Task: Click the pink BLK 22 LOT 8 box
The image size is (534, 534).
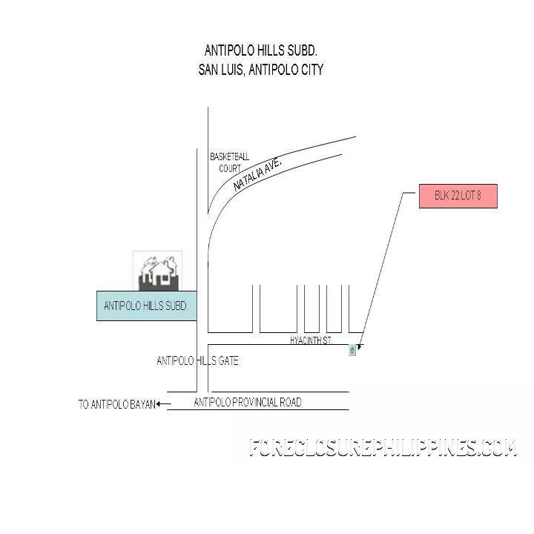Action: (458, 196)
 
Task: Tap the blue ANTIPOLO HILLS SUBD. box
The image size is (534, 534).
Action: (147, 306)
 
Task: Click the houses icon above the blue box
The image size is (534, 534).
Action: (158, 271)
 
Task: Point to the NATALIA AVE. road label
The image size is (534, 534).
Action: (258, 174)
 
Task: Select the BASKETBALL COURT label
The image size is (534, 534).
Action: (230, 162)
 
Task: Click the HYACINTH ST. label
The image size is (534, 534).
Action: (311, 340)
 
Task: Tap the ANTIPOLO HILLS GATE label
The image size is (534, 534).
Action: (197, 360)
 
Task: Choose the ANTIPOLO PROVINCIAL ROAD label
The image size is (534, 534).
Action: (248, 402)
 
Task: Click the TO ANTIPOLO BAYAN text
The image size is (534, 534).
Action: (117, 404)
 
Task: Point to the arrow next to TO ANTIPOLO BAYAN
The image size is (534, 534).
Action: (163, 404)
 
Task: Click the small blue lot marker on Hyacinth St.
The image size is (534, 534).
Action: (352, 350)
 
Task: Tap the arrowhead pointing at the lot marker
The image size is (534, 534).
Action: (360, 347)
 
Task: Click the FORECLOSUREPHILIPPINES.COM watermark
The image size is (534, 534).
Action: (383, 447)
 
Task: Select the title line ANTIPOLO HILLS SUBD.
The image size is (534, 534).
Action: (261, 50)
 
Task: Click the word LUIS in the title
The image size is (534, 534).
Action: (231, 70)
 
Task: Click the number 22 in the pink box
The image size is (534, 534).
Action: (455, 196)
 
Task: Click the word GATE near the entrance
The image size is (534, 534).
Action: (228, 360)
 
